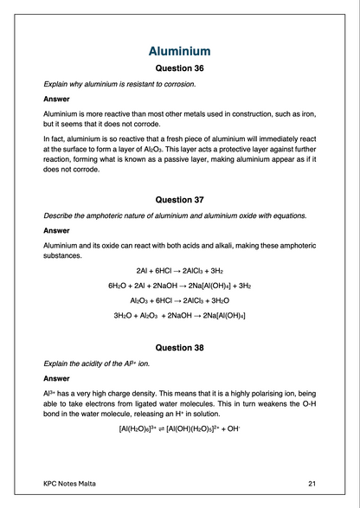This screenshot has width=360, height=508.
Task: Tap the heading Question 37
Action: coord(179,199)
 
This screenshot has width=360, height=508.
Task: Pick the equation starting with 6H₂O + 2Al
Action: coord(179,285)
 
